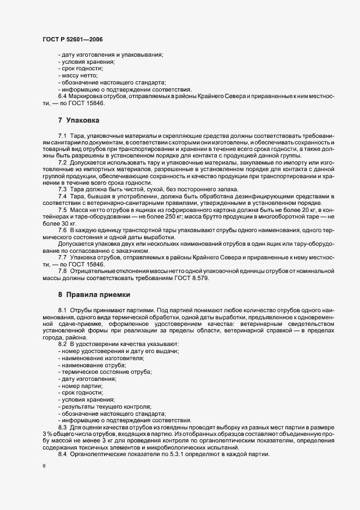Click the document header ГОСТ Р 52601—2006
tap(72, 40)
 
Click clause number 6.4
tap(63, 96)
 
